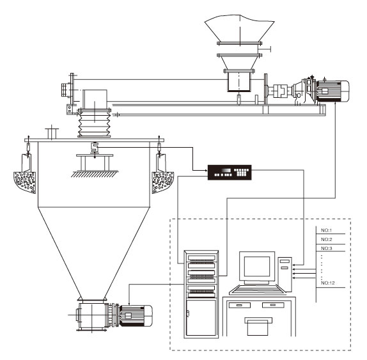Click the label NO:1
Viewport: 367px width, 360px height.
pyautogui.click(x=326, y=230)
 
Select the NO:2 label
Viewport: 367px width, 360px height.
pyautogui.click(x=327, y=239)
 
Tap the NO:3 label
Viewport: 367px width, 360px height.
pyautogui.click(x=327, y=248)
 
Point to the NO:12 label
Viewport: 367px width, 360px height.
pyautogui.click(x=327, y=283)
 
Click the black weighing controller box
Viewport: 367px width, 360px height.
pyautogui.click(x=230, y=173)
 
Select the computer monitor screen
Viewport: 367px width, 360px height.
pyautogui.click(x=257, y=267)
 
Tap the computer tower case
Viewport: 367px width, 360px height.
pyautogui.click(x=285, y=274)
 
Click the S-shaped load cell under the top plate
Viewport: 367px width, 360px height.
pyautogui.click(x=95, y=148)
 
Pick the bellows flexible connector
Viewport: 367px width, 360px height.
pyautogui.click(x=95, y=123)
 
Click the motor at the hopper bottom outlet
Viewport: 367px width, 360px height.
pyautogui.click(x=136, y=315)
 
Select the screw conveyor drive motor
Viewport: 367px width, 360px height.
pyautogui.click(x=332, y=91)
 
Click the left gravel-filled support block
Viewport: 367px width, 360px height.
pyautogui.click(x=25, y=181)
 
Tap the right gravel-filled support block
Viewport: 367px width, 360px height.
pyautogui.click(x=162, y=182)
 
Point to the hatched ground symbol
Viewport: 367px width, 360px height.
pyautogui.click(x=95, y=174)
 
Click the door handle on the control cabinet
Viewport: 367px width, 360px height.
pyautogui.click(x=187, y=313)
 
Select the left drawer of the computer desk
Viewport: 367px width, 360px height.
pyautogui.click(x=239, y=305)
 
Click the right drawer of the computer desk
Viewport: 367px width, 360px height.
pyautogui.click(x=273, y=305)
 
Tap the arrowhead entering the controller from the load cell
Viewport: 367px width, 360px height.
pyautogui.click(x=207, y=170)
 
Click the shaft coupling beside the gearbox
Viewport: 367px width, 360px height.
pyautogui.click(x=279, y=91)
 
